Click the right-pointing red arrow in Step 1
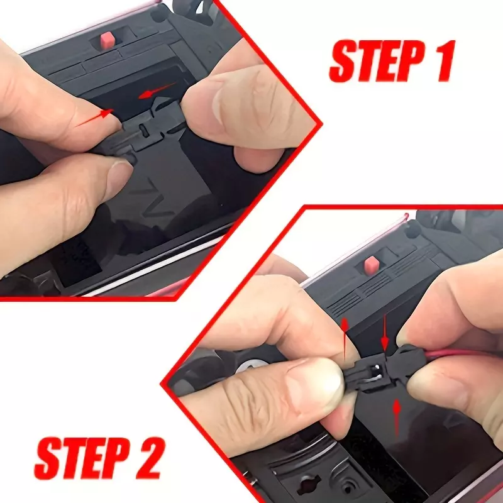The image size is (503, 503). (95, 118)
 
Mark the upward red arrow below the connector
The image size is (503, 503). (397, 417)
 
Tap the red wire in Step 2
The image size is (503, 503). (462, 353)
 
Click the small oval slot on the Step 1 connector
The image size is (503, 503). (143, 131)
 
